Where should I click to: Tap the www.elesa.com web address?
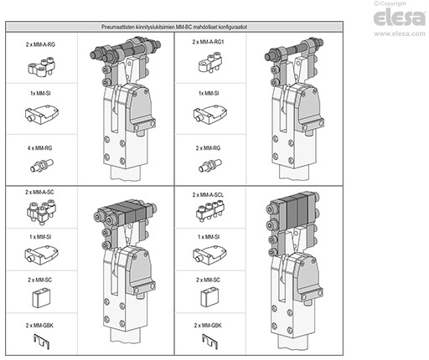(400, 33)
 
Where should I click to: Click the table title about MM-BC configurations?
(174, 27)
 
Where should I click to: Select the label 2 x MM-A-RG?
(40, 44)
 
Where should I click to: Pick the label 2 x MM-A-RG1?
(209, 42)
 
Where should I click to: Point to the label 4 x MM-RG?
(39, 148)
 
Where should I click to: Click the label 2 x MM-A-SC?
(39, 192)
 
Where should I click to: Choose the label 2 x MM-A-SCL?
(208, 195)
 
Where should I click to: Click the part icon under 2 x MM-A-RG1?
(210, 63)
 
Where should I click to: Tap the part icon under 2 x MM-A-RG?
(42, 66)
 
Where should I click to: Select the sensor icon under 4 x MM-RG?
(42, 166)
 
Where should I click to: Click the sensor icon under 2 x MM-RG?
(210, 166)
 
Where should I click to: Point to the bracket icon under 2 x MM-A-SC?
(41, 212)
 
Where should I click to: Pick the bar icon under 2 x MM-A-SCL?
(210, 211)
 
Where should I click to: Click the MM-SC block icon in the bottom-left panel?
(41, 298)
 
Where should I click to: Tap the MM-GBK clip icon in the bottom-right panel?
(209, 342)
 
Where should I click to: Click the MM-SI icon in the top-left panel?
(42, 115)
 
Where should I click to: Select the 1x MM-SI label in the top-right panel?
(209, 93)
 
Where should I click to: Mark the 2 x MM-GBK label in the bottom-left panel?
(39, 326)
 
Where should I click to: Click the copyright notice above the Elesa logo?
(390, 3)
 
